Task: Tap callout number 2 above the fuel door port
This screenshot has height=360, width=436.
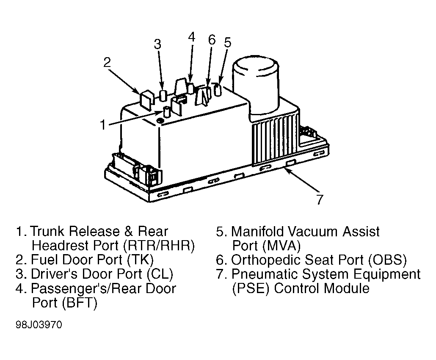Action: pyautogui.click(x=107, y=62)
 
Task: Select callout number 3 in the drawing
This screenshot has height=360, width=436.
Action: pyautogui.click(x=157, y=44)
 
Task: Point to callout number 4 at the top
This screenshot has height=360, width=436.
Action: pyautogui.click(x=191, y=37)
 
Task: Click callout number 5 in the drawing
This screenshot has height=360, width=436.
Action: pyautogui.click(x=228, y=42)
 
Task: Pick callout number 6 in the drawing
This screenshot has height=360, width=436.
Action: pyautogui.click(x=212, y=40)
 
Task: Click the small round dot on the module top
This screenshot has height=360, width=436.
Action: pyautogui.click(x=160, y=121)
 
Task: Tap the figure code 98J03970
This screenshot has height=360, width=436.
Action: pyautogui.click(x=39, y=325)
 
